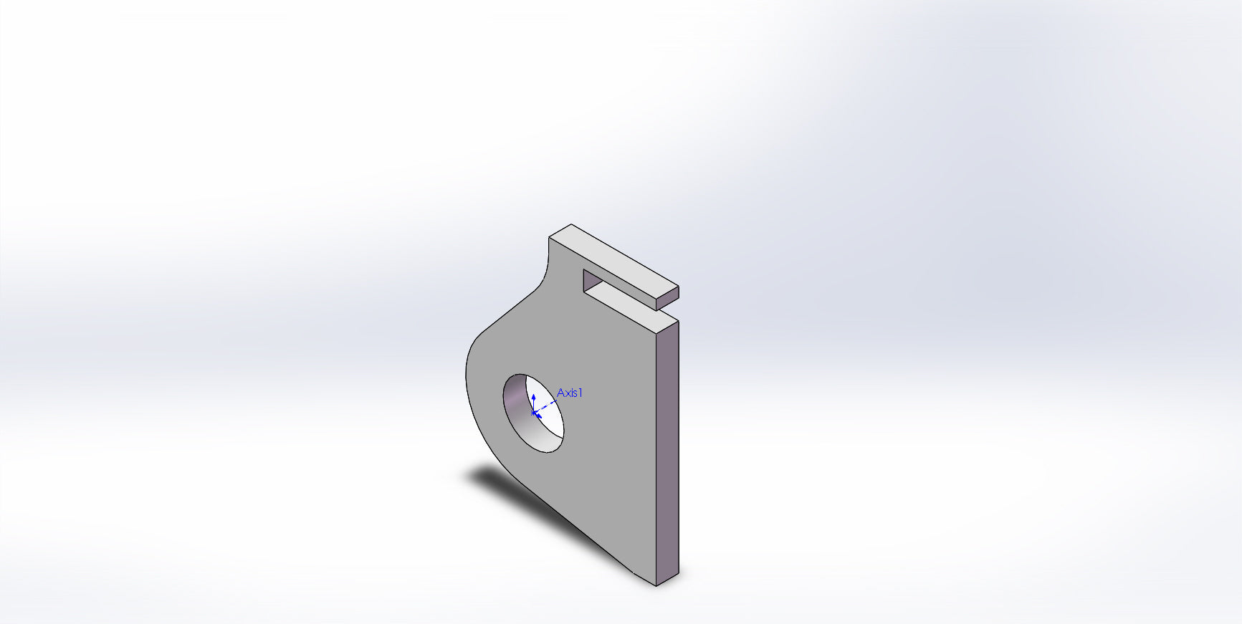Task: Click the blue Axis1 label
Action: click(x=570, y=393)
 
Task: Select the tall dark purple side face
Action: click(x=667, y=451)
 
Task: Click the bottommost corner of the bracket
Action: click(x=656, y=585)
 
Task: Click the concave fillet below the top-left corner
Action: click(x=545, y=276)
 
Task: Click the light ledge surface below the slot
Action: click(x=624, y=298)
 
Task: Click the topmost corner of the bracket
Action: click(x=570, y=224)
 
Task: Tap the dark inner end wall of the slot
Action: click(x=586, y=280)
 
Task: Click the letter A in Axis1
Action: click(x=561, y=393)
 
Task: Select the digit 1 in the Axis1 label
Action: click(x=581, y=393)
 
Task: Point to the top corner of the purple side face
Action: click(x=677, y=320)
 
